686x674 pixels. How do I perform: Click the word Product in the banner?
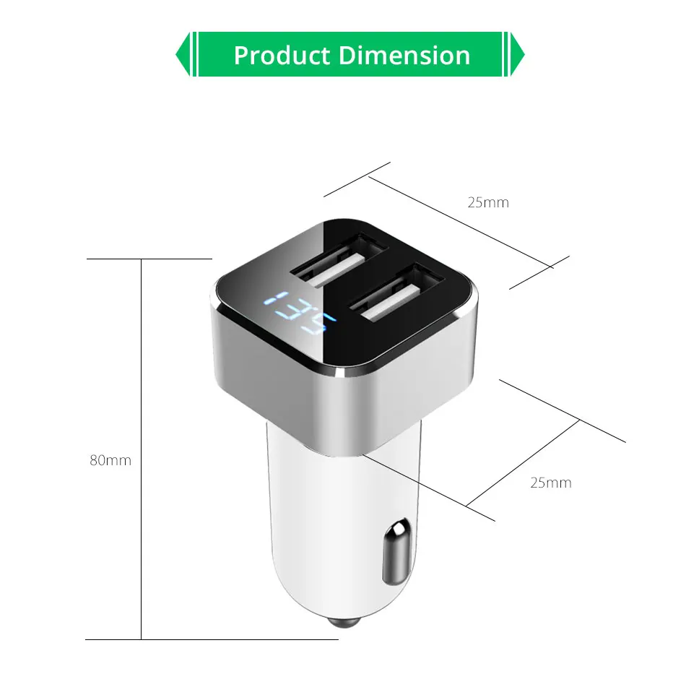point(282,55)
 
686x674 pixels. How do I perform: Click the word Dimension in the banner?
point(404,55)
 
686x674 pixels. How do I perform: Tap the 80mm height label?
point(110,460)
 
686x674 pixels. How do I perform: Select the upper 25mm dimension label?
point(488,203)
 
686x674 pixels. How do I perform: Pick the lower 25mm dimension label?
point(551,483)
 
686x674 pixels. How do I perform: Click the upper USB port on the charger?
point(340,262)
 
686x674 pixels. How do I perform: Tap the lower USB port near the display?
point(396,294)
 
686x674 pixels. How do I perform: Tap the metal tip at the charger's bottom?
point(344,622)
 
